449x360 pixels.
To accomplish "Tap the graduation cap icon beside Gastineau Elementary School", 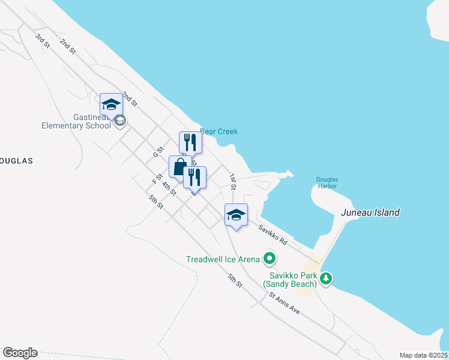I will (111, 105).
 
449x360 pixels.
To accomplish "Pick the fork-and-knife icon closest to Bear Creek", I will (190, 143).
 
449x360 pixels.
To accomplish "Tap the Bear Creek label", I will (218, 131).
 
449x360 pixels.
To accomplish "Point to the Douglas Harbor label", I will (327, 182).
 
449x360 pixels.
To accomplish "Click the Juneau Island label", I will (370, 212).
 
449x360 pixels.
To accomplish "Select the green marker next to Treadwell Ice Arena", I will (270, 259).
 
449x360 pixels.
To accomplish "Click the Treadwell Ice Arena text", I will (223, 259).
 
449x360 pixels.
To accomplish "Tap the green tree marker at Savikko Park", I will (326, 278).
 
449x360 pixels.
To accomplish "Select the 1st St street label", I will (232, 182).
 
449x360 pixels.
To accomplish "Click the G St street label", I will (159, 152).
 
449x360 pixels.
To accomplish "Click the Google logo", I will (20, 353).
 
